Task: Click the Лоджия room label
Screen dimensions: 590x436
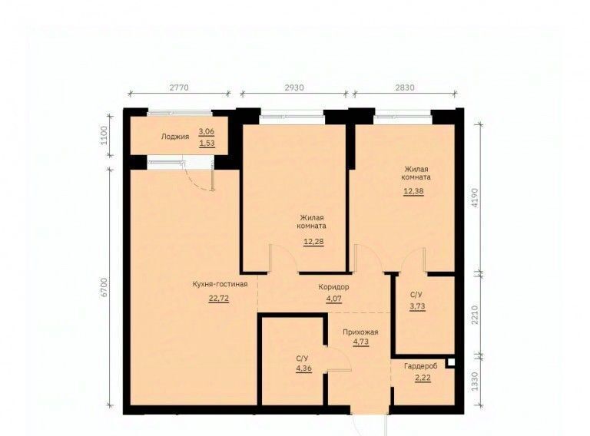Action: [x=175, y=137]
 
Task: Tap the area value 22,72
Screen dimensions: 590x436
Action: [x=219, y=299]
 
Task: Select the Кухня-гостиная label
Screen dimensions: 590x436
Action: [x=220, y=284]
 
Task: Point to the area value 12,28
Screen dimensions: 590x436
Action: [x=313, y=241]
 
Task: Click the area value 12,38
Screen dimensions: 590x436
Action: [x=414, y=191]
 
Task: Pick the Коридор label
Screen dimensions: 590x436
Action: [x=333, y=287]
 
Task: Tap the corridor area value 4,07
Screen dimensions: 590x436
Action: [x=334, y=299]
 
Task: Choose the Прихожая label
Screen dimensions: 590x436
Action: [x=360, y=332]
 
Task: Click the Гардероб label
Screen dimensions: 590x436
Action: [x=421, y=366]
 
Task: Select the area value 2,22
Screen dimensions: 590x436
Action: [x=423, y=378]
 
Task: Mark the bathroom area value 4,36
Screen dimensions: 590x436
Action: [x=303, y=368]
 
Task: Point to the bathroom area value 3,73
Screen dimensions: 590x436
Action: [x=418, y=306]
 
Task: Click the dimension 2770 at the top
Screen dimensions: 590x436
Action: [x=179, y=88]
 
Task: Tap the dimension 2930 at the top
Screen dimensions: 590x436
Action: [x=294, y=88]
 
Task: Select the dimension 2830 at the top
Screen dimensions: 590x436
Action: [x=405, y=88]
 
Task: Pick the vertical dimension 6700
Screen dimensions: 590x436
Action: [x=105, y=288]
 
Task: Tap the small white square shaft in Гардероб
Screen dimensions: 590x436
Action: [x=451, y=363]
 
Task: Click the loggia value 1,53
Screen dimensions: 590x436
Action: [x=207, y=144]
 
